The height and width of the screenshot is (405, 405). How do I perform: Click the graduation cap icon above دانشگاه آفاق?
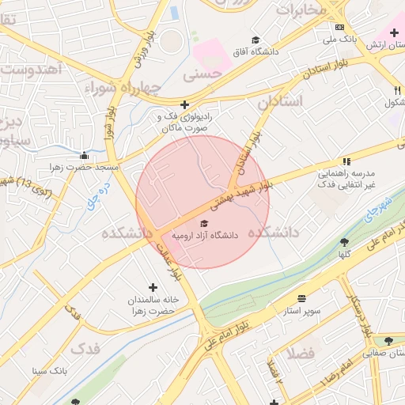(x=255, y=40)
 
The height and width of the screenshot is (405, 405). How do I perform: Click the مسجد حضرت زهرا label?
(x=85, y=168)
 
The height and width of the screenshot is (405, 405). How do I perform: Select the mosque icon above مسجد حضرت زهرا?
(x=85, y=155)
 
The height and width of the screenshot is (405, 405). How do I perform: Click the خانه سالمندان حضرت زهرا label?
(x=153, y=306)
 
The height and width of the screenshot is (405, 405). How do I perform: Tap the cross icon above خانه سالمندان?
(x=153, y=287)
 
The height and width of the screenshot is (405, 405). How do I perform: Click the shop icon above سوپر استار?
(x=304, y=299)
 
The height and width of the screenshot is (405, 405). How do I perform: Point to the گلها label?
(x=344, y=255)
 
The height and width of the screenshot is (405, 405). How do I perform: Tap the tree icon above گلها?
(x=344, y=242)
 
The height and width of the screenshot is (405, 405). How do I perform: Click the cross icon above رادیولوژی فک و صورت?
(x=184, y=104)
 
